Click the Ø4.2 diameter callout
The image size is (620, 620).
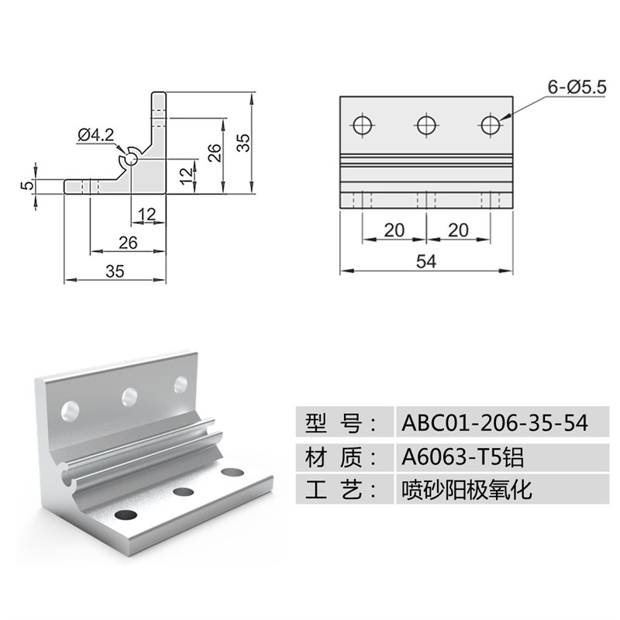pyautogui.click(x=96, y=135)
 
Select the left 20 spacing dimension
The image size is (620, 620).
pyautogui.click(x=394, y=230)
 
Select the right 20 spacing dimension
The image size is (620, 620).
pyautogui.click(x=458, y=230)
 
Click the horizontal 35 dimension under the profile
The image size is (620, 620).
pyautogui.click(x=115, y=270)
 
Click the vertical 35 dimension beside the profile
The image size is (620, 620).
pyautogui.click(x=243, y=142)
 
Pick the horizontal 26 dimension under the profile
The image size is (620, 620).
pyautogui.click(x=128, y=243)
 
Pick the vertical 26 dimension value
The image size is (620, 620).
pyautogui.click(x=215, y=151)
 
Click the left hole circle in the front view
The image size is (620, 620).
pyautogui.click(x=362, y=125)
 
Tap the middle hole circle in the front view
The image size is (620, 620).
pyautogui.click(x=425, y=125)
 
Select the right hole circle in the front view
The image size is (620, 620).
pyautogui.click(x=490, y=125)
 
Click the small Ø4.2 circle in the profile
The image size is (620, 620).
pyautogui.click(x=130, y=158)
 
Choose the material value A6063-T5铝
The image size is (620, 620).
pyautogui.click(x=463, y=457)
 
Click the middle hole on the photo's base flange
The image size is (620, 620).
pyautogui.click(x=183, y=491)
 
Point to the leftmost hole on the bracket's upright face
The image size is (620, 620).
pyautogui.click(x=70, y=408)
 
